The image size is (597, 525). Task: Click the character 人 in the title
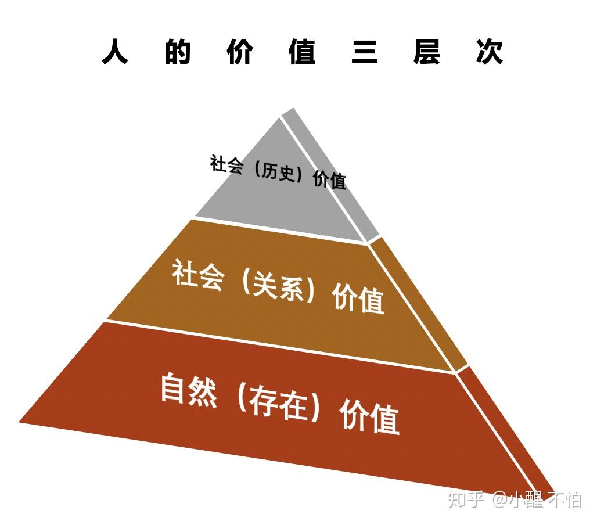tap(115, 52)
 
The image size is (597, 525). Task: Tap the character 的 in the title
tap(178, 52)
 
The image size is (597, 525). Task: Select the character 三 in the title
tap(365, 52)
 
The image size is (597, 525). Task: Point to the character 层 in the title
tap(427, 52)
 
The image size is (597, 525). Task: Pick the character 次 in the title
tap(489, 52)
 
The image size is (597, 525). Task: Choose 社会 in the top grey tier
tap(226, 164)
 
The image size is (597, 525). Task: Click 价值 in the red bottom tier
tap(370, 416)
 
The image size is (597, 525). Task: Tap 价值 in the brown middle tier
tap(358, 299)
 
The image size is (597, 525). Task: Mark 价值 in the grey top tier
tap(330, 179)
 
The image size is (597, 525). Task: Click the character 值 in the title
tap(302, 52)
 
